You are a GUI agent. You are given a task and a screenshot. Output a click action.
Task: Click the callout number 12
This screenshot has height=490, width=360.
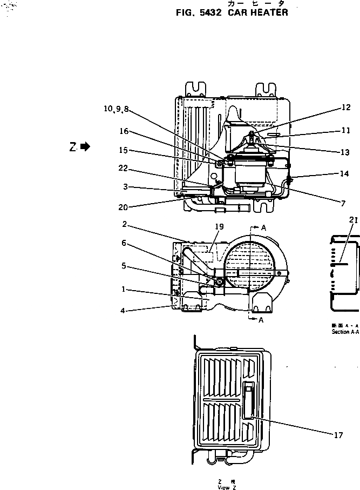345,108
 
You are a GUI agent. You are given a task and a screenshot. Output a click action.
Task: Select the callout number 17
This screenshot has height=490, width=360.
338,434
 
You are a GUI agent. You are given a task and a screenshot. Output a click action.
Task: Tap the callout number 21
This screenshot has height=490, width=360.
354,220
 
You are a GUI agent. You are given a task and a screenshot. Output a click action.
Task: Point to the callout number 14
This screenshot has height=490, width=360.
344,173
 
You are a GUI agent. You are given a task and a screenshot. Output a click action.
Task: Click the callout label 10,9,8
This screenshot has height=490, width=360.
117,109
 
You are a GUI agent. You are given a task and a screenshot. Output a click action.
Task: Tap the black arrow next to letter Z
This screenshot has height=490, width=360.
85,146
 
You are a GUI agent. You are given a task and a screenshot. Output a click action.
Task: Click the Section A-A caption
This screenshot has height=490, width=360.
345,332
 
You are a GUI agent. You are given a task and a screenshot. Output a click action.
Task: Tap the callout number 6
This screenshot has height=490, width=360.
124,244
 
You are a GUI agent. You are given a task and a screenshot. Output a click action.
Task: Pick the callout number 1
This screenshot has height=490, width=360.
124,289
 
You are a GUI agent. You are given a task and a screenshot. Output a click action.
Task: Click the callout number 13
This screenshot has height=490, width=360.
345,152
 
